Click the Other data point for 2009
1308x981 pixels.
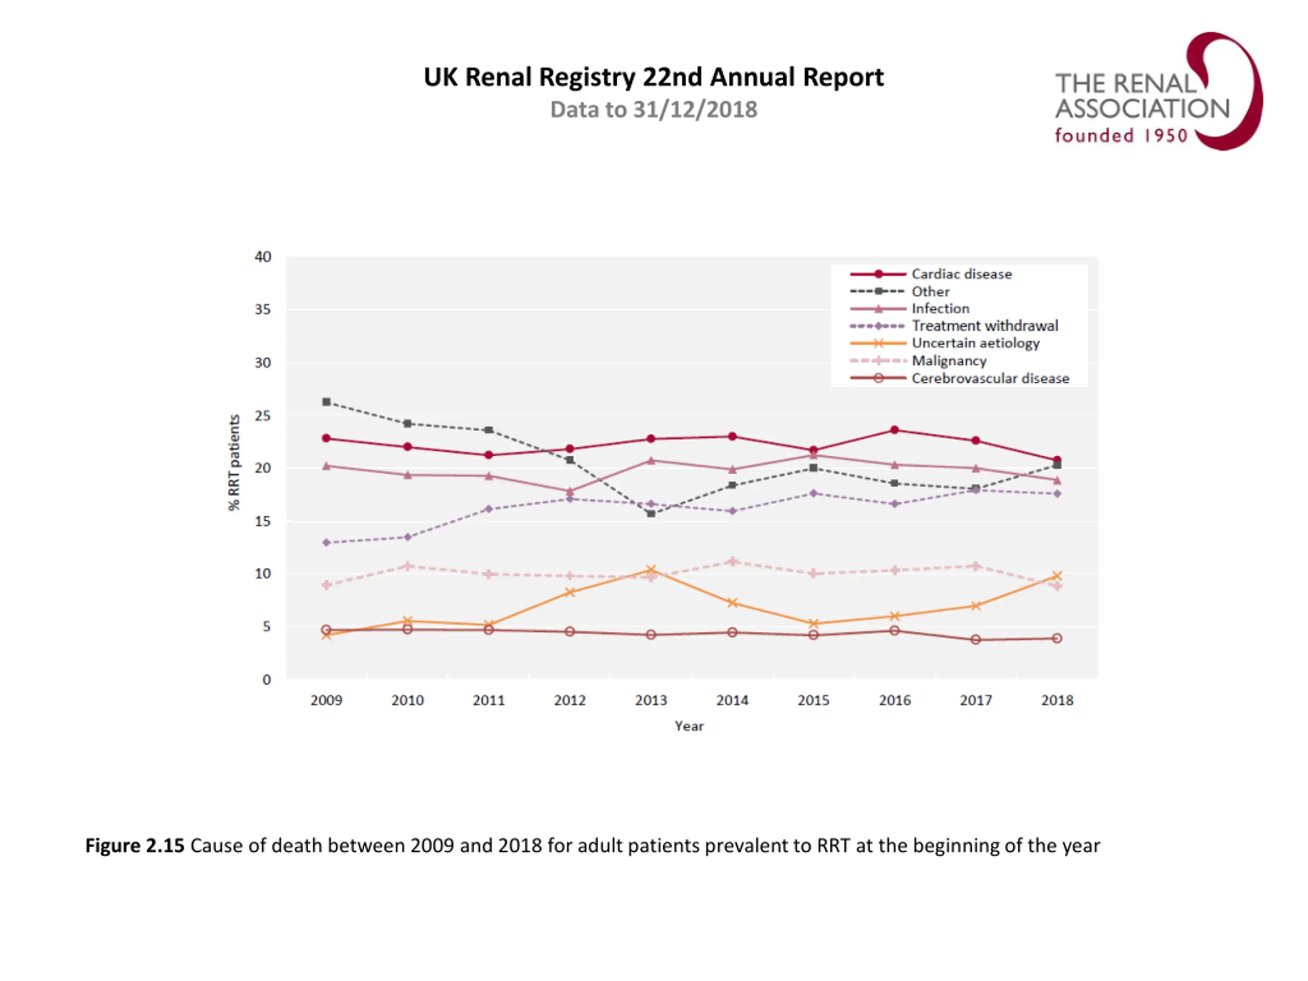(x=326, y=402)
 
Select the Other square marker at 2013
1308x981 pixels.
(x=651, y=514)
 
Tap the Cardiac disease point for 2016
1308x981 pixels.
(x=895, y=430)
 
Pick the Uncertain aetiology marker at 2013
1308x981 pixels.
(x=651, y=570)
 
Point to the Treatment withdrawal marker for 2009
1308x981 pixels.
(x=326, y=542)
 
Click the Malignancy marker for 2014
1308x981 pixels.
(x=732, y=561)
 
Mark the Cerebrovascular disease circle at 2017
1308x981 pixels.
(x=976, y=639)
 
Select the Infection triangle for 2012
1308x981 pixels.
(x=570, y=492)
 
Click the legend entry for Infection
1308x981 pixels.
(x=940, y=309)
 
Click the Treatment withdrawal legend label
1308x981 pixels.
(x=985, y=326)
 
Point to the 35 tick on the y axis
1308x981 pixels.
(x=263, y=310)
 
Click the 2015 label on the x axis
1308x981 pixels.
(x=813, y=700)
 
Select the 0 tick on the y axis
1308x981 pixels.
(x=267, y=680)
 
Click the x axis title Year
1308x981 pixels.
(x=689, y=726)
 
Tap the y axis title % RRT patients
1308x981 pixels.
(x=235, y=462)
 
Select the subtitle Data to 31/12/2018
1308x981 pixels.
(x=653, y=110)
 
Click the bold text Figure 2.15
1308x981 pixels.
(x=135, y=846)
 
